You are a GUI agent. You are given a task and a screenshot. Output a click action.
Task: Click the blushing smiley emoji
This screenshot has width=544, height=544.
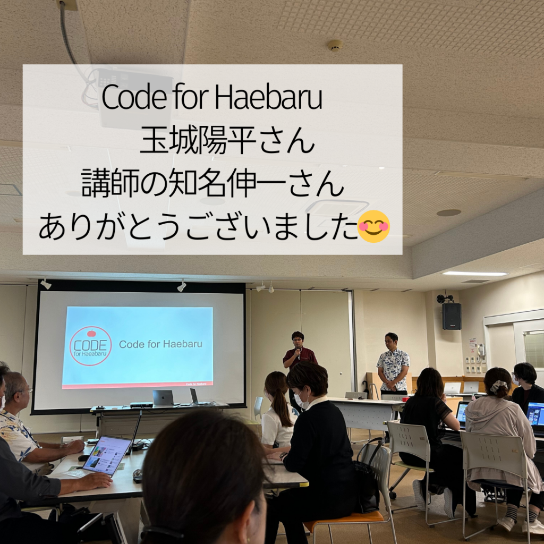point(373,226)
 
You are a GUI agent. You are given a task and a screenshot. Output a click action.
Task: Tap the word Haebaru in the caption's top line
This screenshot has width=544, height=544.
point(268,98)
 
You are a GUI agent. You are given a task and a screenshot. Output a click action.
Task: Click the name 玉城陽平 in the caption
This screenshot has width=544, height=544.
point(199,140)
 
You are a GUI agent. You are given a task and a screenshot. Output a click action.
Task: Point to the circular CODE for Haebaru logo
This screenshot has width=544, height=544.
point(90,345)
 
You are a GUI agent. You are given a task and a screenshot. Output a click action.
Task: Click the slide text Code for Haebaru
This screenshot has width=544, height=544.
point(160,344)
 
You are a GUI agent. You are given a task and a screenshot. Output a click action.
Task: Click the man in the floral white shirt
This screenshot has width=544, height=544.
point(393,364)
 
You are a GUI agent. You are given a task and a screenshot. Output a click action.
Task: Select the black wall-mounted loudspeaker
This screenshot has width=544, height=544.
point(452,316)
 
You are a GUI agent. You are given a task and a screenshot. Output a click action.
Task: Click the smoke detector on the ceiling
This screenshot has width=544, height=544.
point(335,46)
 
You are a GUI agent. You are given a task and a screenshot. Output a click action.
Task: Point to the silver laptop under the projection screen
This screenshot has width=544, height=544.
point(163,397)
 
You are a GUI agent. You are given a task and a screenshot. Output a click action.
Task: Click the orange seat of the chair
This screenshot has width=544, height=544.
point(347,517)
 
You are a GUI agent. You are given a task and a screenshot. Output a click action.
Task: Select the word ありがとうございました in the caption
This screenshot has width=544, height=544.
point(198,226)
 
